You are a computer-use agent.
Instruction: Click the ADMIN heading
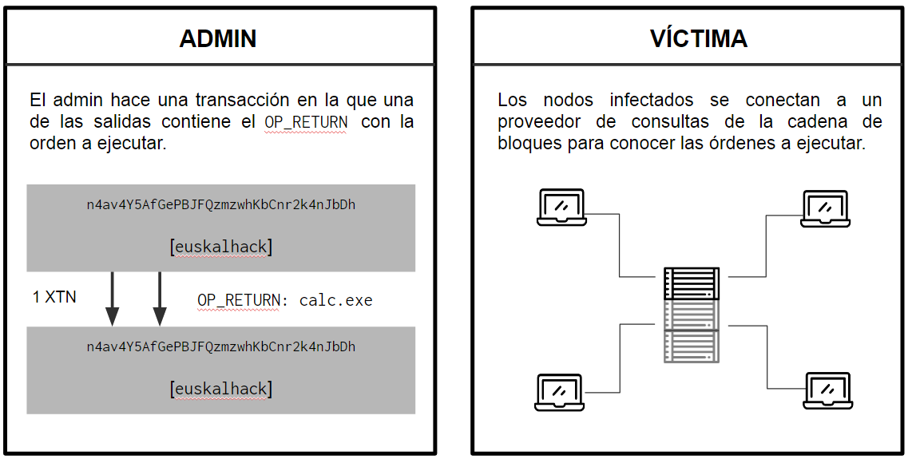coord(218,38)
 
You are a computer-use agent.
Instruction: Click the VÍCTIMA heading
coord(699,38)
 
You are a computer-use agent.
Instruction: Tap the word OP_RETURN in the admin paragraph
coord(306,122)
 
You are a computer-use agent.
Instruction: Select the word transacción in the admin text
coord(242,100)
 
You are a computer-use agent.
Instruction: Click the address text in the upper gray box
coord(221,204)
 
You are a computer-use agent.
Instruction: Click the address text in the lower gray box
coord(221,346)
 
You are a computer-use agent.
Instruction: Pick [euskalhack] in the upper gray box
coord(221,247)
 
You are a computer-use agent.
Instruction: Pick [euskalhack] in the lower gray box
coord(221,389)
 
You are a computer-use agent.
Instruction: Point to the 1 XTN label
coord(54,297)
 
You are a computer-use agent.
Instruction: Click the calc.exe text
coord(335,301)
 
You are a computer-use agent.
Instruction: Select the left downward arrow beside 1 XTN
coord(113,299)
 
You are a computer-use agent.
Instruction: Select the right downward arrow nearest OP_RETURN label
coord(160,299)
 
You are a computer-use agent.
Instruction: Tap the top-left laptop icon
coord(561,207)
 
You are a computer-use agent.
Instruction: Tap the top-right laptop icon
coord(825,208)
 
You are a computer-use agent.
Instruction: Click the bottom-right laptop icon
coord(827,391)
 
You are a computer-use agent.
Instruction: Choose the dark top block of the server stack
coord(692,283)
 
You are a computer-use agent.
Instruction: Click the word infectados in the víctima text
coord(652,100)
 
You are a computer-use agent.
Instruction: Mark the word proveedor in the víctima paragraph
coord(539,122)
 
